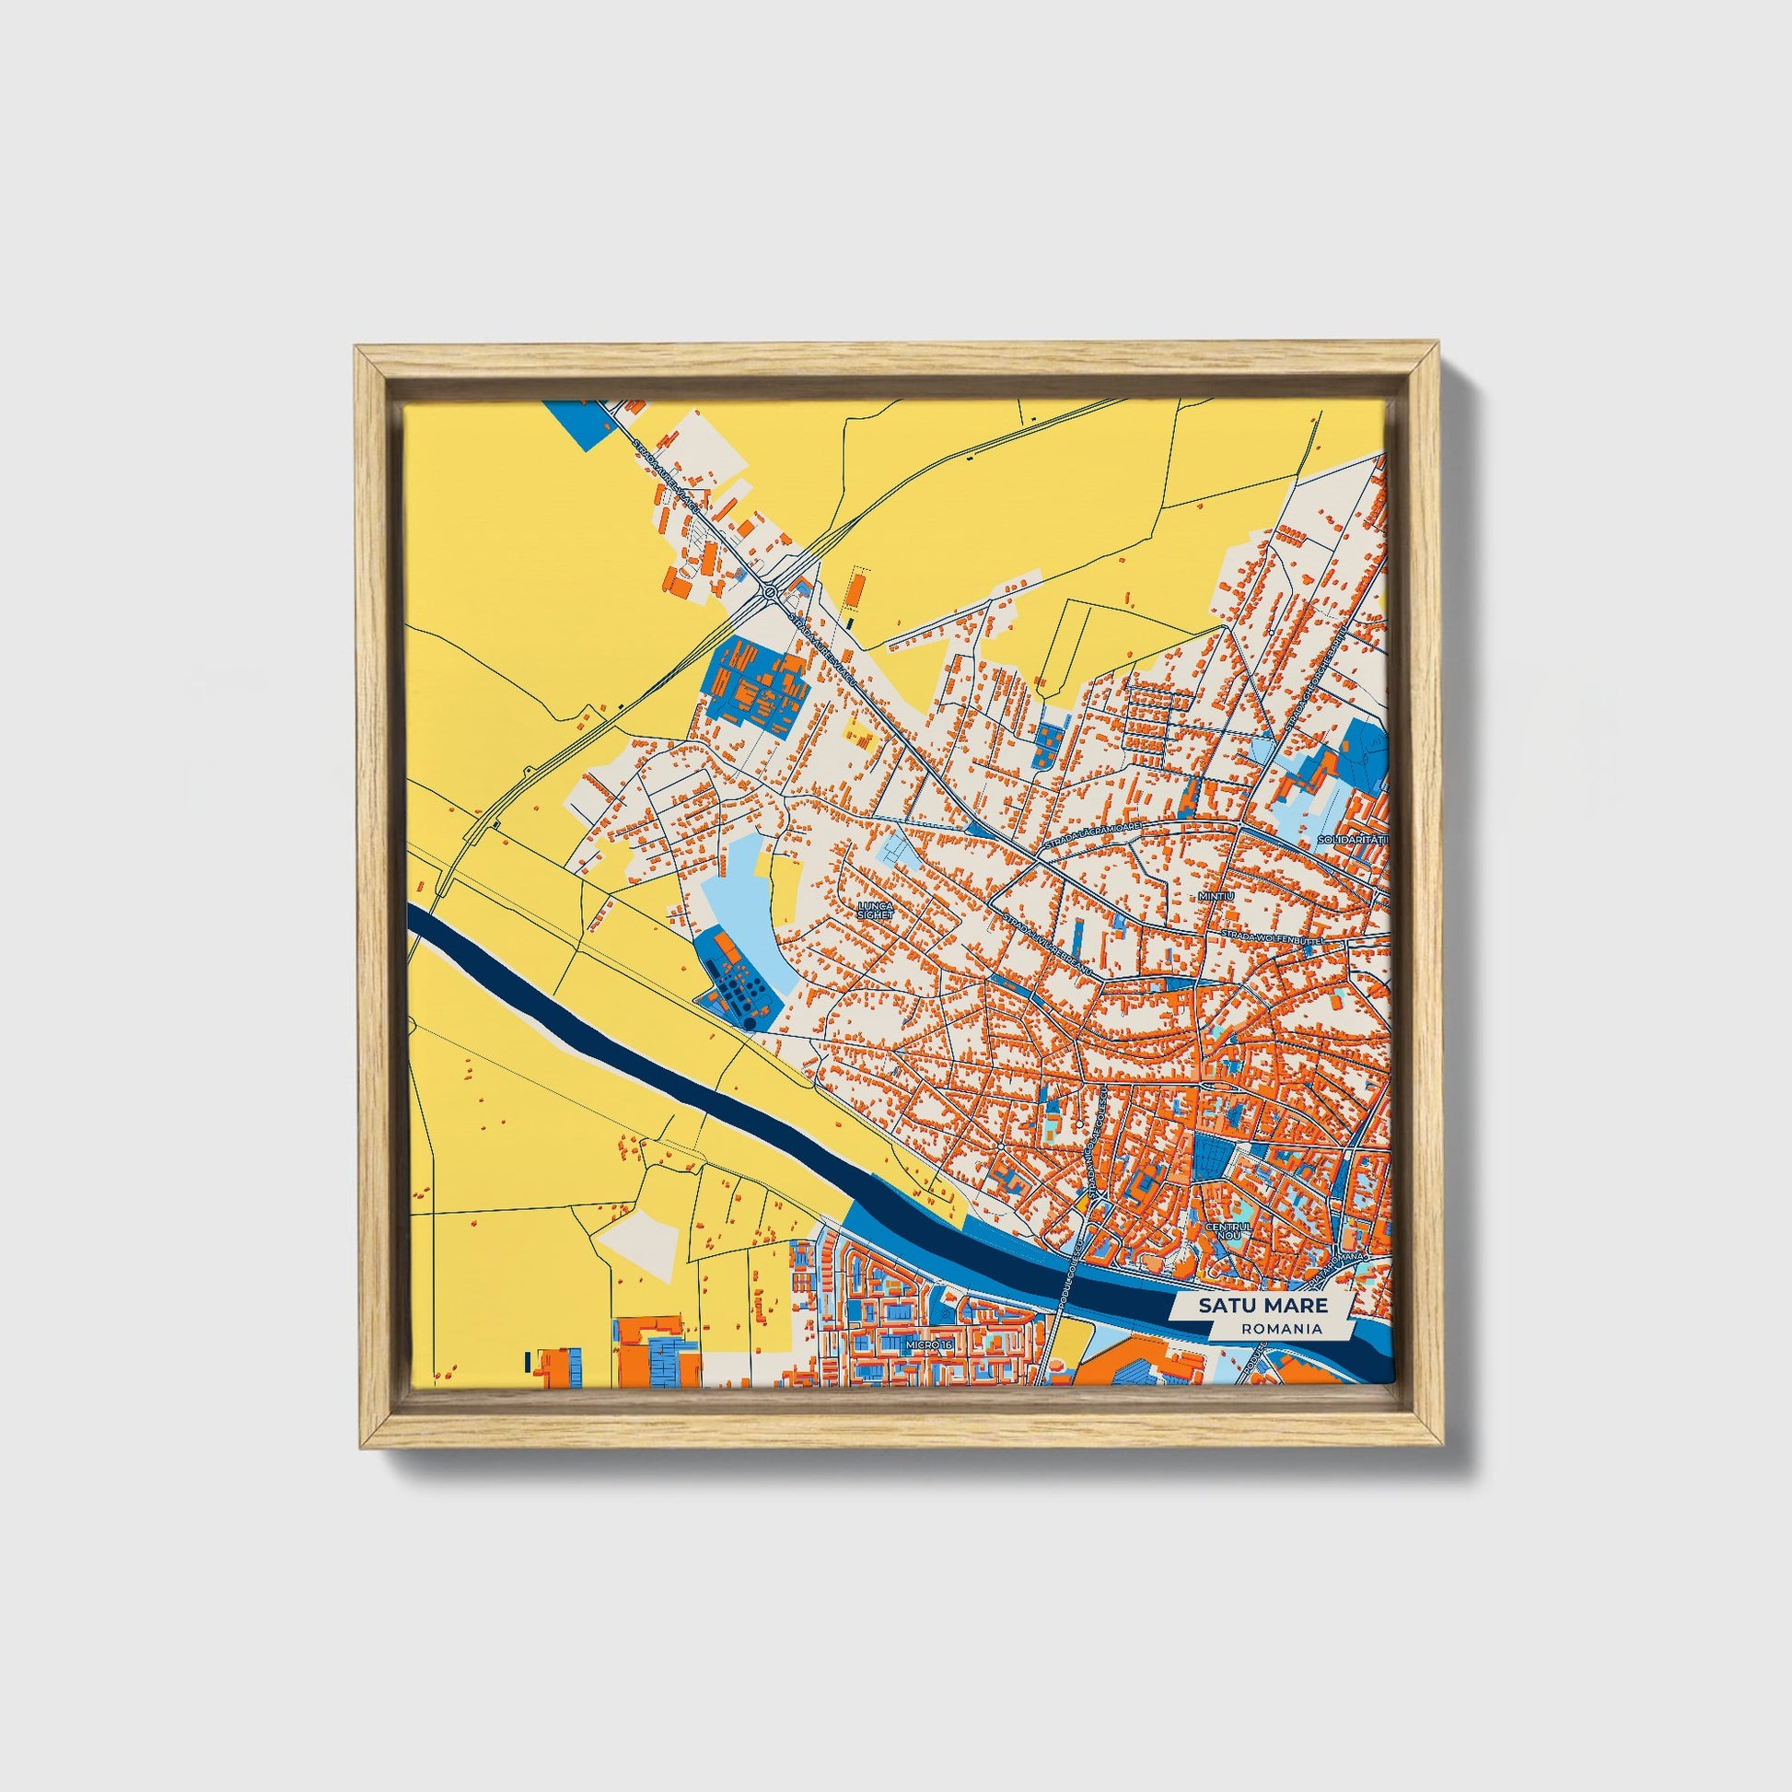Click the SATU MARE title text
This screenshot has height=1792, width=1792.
coord(1263,1305)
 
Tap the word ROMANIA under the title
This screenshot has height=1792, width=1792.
coord(1285,1328)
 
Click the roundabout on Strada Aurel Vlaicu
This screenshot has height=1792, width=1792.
coord(771,590)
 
